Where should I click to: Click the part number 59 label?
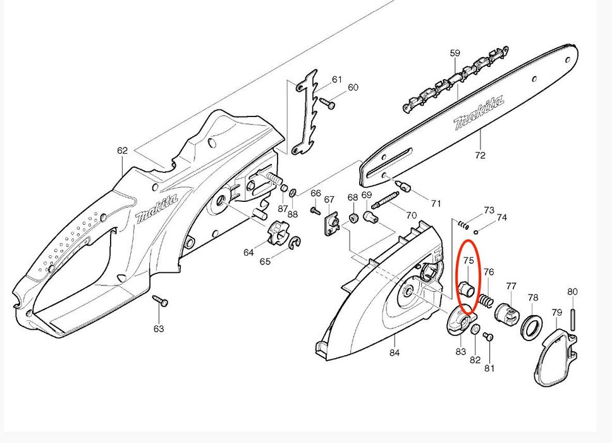pos(455,54)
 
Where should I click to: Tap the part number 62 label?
pos(122,151)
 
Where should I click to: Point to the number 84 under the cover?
pos(395,353)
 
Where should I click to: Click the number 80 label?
pos(572,292)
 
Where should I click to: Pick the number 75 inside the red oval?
pos(468,260)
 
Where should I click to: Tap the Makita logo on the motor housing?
pos(156,208)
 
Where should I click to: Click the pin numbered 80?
pos(573,316)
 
